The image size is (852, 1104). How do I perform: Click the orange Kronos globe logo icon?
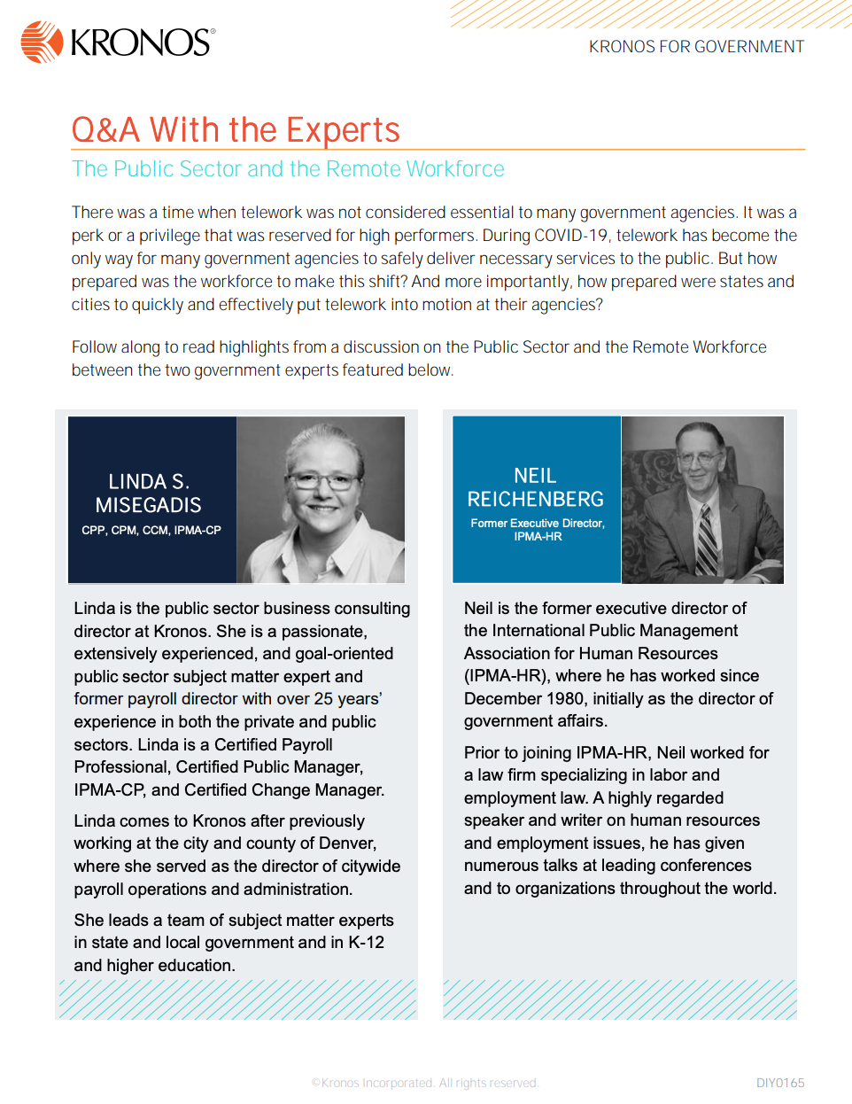[42, 42]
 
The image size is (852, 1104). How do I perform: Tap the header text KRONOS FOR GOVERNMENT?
[696, 47]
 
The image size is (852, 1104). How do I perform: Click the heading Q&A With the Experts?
[236, 130]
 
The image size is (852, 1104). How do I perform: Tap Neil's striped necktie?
[706, 540]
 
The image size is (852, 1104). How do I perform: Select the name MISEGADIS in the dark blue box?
[149, 506]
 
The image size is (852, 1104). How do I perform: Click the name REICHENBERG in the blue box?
[536, 500]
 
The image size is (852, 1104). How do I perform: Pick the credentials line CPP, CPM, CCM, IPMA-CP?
[151, 531]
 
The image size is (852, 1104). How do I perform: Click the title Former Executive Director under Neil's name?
[538, 524]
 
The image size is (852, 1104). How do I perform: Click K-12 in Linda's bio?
[366, 943]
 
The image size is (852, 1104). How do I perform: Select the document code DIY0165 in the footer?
[780, 1083]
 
